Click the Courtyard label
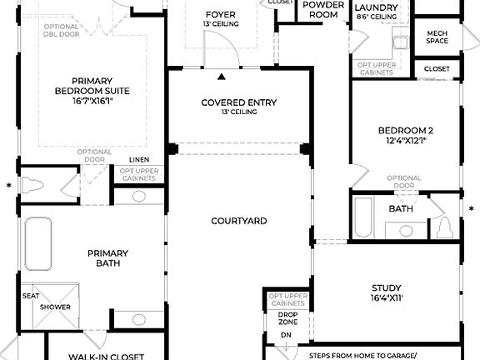click(x=238, y=221)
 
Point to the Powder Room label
click(x=323, y=9)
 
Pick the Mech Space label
click(x=437, y=37)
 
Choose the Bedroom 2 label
click(x=405, y=135)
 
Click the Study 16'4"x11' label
click(x=386, y=292)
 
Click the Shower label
click(x=55, y=307)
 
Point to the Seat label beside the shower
click(x=30, y=296)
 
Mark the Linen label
click(x=139, y=159)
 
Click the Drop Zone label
click(x=287, y=317)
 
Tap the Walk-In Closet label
click(x=106, y=356)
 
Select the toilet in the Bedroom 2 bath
click(x=445, y=226)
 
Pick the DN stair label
click(x=286, y=335)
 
